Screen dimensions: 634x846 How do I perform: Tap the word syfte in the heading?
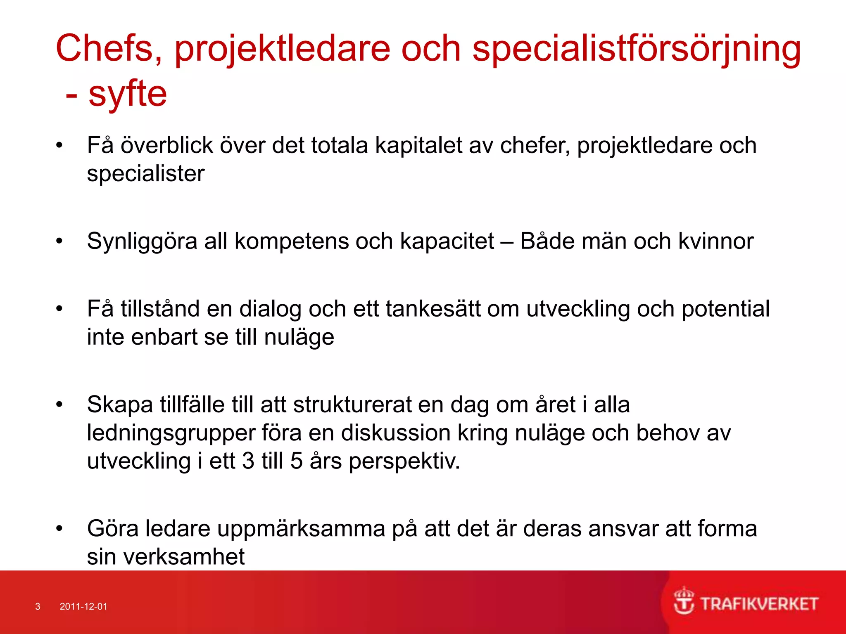point(128,94)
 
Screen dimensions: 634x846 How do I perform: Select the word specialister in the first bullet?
point(145,173)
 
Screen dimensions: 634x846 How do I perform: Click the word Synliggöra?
point(142,241)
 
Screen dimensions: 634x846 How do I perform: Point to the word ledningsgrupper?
point(171,433)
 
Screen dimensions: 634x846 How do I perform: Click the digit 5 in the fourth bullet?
point(297,461)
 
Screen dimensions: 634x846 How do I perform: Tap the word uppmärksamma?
point(301,529)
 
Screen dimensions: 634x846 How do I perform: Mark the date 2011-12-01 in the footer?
point(83,606)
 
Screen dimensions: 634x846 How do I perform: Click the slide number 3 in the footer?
point(38,606)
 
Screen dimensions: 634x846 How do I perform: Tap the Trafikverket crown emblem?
point(684,601)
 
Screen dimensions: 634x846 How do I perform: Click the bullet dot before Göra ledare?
point(59,528)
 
